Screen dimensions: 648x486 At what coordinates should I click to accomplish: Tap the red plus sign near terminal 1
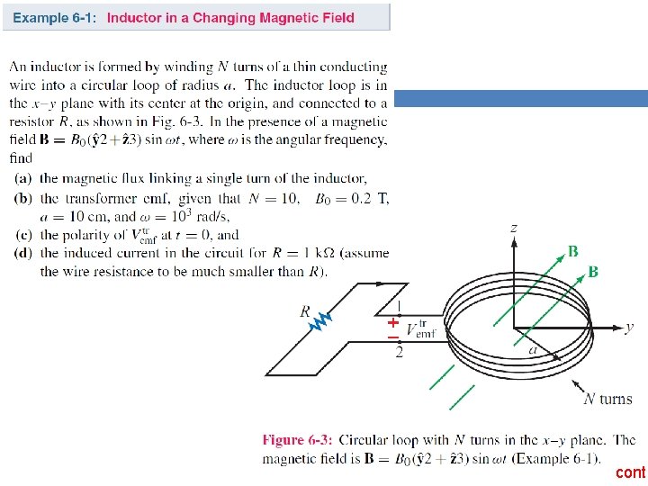click(x=393, y=321)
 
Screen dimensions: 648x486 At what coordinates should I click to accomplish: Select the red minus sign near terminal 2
click(x=393, y=337)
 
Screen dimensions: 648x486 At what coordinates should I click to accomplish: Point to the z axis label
click(x=514, y=229)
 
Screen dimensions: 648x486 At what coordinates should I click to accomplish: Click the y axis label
click(x=629, y=327)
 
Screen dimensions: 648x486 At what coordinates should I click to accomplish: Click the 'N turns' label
click(x=608, y=399)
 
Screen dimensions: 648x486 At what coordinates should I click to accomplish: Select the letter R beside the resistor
click(x=305, y=311)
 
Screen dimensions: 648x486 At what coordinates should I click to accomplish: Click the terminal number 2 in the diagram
click(x=400, y=352)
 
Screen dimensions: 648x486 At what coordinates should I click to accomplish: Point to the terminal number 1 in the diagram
click(x=400, y=306)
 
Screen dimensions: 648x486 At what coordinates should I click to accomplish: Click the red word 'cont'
click(x=630, y=472)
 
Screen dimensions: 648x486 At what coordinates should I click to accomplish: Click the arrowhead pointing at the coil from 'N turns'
click(x=577, y=382)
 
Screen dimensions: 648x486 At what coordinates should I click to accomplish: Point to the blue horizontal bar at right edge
click(x=521, y=99)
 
